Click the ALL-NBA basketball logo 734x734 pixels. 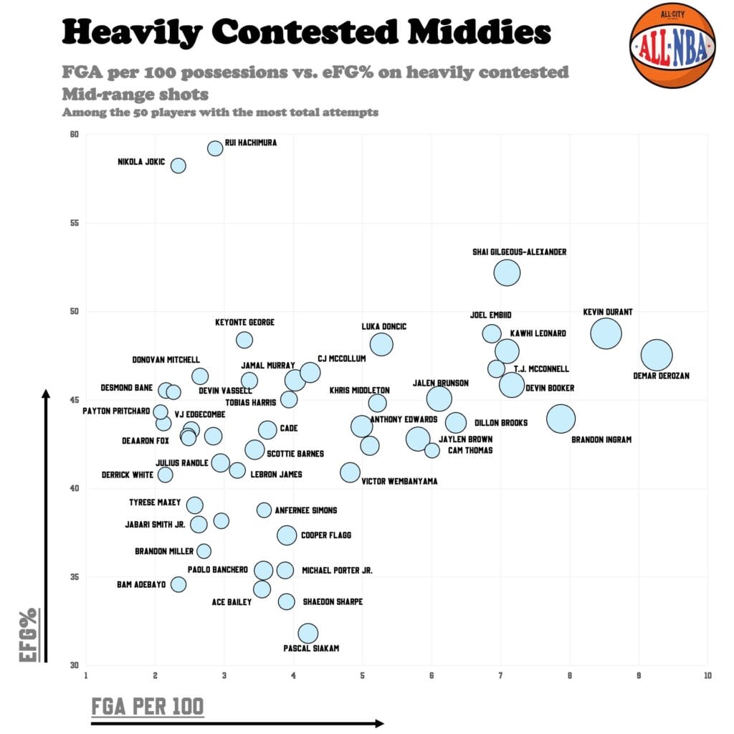pos(672,44)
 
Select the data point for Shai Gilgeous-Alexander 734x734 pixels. pos(507,272)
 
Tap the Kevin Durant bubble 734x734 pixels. pos(606,333)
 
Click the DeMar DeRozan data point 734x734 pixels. pos(657,355)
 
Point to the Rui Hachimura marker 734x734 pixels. pos(215,148)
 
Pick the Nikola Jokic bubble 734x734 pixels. pos(178,166)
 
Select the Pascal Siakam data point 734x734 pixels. pos(308,633)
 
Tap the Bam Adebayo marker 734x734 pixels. pos(178,584)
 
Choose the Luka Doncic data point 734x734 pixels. pos(381,344)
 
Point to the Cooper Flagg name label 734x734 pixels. pos(326,535)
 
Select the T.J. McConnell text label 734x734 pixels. pos(541,369)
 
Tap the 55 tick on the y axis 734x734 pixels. pos(74,223)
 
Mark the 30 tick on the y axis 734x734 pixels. pos(74,665)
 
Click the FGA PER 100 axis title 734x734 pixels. pos(148,706)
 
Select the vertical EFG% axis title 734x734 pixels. pos(29,634)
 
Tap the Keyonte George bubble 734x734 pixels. pos(244,340)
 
